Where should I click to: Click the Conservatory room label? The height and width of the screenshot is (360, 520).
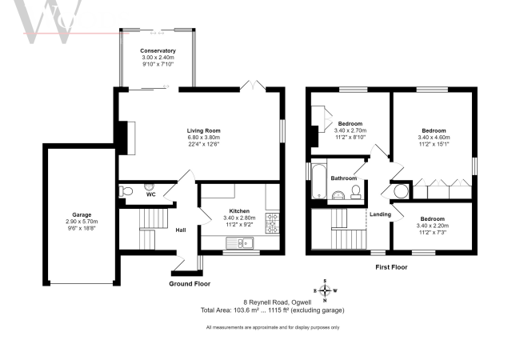pyautogui.click(x=157, y=51)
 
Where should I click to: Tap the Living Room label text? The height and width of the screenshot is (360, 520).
pyautogui.click(x=204, y=130)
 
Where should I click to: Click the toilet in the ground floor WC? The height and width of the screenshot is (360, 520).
pyautogui.click(x=125, y=191)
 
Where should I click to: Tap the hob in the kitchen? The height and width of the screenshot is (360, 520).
pyautogui.click(x=272, y=222)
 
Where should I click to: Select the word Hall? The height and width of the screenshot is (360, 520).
pyautogui.click(x=182, y=230)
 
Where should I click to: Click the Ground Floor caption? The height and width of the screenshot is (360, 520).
pyautogui.click(x=190, y=283)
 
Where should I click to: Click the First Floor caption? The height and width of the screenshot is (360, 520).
pyautogui.click(x=392, y=266)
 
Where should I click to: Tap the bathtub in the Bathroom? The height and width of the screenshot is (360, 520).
pyautogui.click(x=318, y=182)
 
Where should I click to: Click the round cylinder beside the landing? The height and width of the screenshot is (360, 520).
pyautogui.click(x=400, y=192)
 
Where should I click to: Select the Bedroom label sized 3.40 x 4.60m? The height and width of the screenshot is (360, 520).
pyautogui.click(x=434, y=130)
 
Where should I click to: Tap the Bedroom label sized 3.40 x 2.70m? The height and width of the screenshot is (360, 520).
pyautogui.click(x=350, y=123)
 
